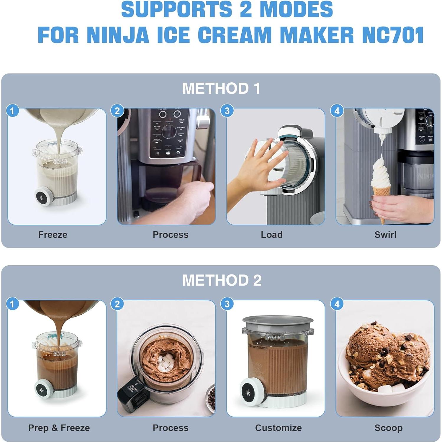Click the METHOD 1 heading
click(x=221, y=89)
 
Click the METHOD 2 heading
click(x=222, y=280)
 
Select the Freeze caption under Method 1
click(x=53, y=235)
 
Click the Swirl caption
click(x=385, y=235)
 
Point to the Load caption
click(x=271, y=235)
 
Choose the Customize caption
click(x=278, y=428)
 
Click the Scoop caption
click(x=388, y=428)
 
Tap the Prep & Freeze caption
click(x=59, y=428)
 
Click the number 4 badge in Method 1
click(x=337, y=111)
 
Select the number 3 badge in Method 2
click(x=227, y=304)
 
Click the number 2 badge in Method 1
click(x=117, y=111)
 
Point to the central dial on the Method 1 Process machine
click(x=169, y=131)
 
